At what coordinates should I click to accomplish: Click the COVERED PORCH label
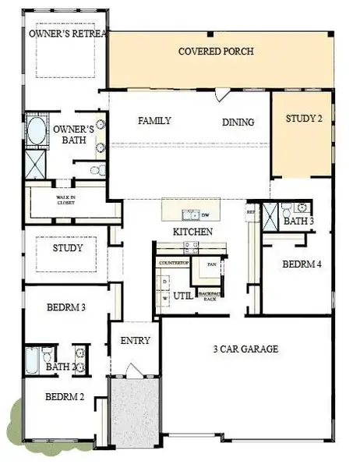tap(216, 51)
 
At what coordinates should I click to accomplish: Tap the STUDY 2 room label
tap(303, 119)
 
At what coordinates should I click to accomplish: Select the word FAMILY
tap(154, 121)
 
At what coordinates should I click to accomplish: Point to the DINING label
tap(238, 122)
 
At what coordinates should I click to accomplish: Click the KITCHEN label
tap(192, 232)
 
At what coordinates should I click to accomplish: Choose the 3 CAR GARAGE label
tap(245, 349)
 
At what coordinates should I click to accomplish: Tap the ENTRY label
tap(135, 341)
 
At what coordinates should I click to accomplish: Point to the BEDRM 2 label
tap(65, 397)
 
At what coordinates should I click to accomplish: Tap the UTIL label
tap(183, 296)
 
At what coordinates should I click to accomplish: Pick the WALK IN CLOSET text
tap(65, 200)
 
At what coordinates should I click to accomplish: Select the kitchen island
tap(191, 211)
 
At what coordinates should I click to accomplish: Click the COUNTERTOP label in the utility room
tap(175, 264)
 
